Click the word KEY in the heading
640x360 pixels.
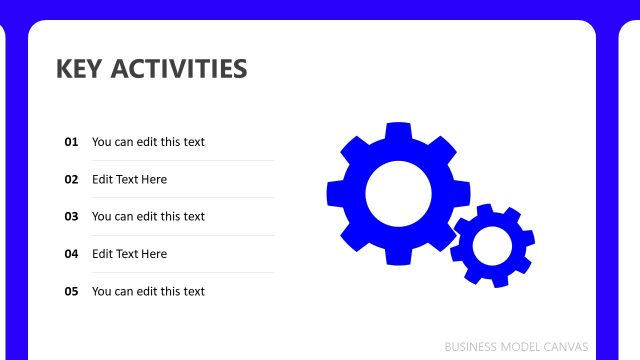80,69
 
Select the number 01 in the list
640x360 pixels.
71,142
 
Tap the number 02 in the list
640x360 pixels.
71,180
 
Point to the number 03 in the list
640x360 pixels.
71,217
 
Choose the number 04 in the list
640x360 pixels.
71,254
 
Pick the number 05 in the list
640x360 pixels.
71,292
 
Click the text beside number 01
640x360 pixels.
148,142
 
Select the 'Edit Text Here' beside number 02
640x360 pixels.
129,180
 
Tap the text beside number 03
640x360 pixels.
148,217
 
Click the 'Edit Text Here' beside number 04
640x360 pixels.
129,254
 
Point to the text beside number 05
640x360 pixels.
148,292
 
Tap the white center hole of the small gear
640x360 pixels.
492,245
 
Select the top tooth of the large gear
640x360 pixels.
398,132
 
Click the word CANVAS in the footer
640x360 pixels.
568,347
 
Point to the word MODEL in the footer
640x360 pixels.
523,347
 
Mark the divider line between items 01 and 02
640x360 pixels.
182,161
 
